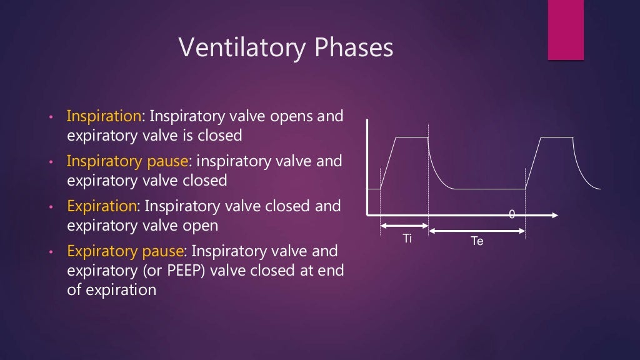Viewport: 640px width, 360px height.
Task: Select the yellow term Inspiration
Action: tap(104, 117)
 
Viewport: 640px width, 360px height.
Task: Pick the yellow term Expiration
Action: tap(101, 206)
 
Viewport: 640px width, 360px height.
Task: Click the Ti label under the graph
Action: tap(407, 239)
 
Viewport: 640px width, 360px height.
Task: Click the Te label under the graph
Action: tap(477, 241)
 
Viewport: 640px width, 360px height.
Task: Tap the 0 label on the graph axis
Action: tap(512, 214)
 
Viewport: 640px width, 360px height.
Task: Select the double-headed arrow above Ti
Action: tap(404, 226)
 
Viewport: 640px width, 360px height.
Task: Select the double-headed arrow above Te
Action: tap(477, 231)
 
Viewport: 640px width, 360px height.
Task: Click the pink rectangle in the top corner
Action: tap(566, 30)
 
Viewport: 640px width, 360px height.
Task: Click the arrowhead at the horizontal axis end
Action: tap(554, 215)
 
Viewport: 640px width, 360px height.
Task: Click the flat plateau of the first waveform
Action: tap(411, 137)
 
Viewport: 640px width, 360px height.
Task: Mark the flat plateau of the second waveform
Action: tap(557, 137)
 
